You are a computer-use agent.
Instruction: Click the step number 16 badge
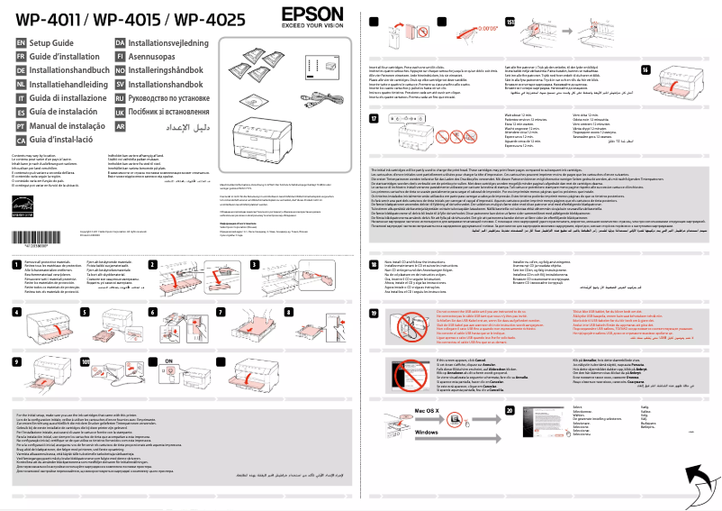pos(645,70)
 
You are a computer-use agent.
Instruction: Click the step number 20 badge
pos(510,410)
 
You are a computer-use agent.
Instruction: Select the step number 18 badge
pos(374,262)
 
